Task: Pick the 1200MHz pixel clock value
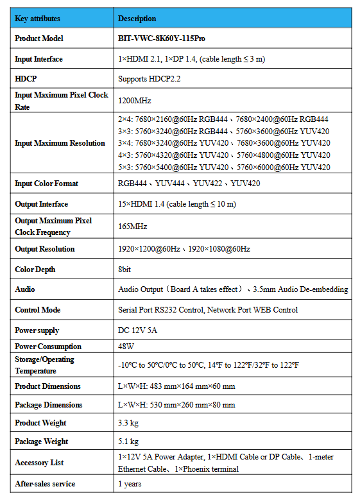134,101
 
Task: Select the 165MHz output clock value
132,227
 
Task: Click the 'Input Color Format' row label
46,184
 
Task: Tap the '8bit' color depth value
126,270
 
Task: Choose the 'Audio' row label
25,289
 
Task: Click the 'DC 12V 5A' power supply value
137,331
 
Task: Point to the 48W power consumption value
126,347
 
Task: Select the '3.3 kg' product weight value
128,423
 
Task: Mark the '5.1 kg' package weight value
128,442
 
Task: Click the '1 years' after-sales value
130,484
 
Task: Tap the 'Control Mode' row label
38,310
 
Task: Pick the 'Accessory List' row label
39,463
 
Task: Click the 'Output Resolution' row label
44,249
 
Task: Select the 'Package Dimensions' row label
48,405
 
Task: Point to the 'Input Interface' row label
39,59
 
